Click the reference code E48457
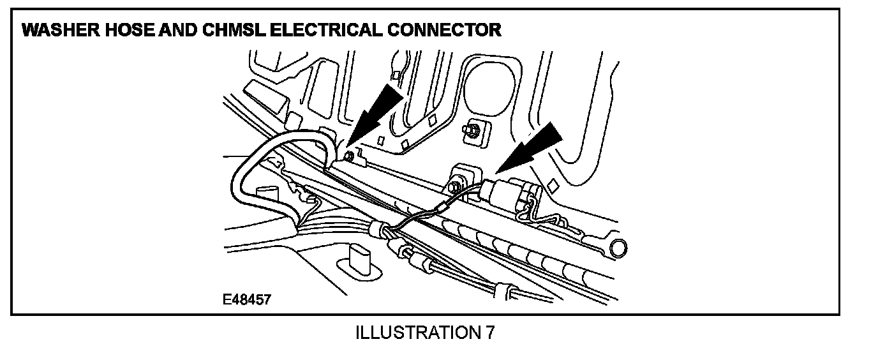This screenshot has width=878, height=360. tap(246, 300)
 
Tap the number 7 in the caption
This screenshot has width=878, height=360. tap(489, 333)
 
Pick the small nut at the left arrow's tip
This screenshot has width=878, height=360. tap(348, 156)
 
